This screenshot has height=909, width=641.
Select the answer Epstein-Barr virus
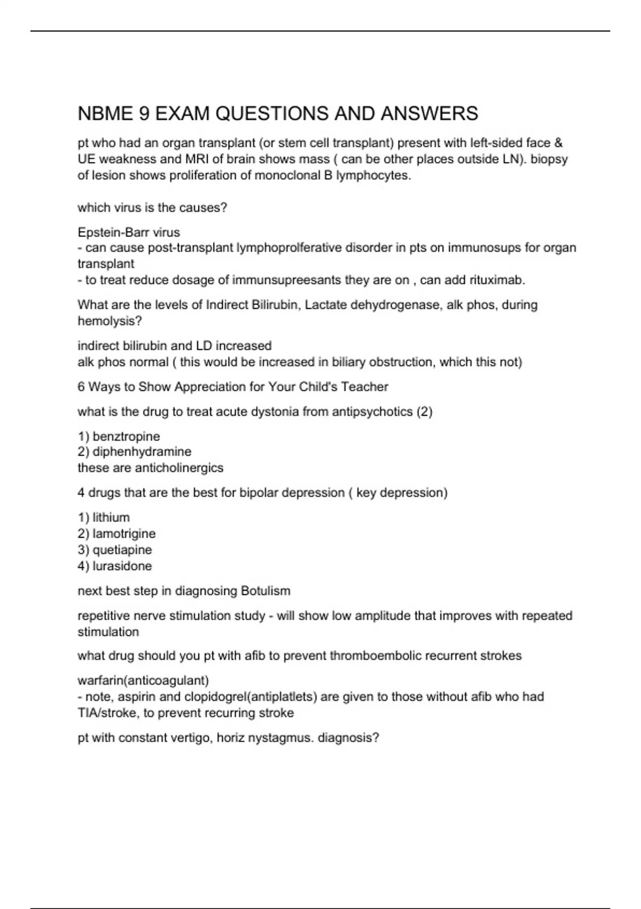(x=129, y=232)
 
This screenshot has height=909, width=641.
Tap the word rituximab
(x=497, y=280)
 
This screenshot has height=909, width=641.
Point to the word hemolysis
(x=110, y=321)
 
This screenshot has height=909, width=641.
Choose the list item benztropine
(x=126, y=436)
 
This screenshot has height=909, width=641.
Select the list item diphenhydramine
(x=142, y=452)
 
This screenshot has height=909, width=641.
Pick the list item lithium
(x=111, y=518)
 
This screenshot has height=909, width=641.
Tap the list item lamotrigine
(x=124, y=534)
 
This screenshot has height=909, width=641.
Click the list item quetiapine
(x=122, y=550)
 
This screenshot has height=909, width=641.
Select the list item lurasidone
(x=122, y=566)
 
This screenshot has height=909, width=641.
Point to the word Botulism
(x=265, y=591)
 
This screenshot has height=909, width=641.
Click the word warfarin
(x=100, y=680)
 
